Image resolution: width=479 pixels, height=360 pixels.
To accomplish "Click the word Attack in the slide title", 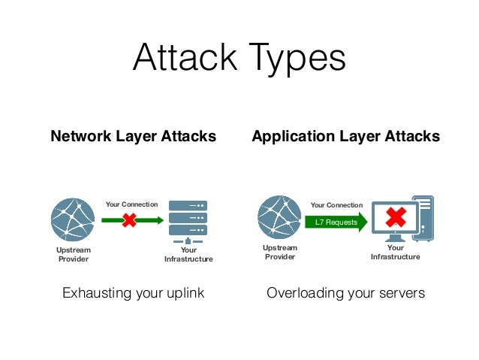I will [185, 59].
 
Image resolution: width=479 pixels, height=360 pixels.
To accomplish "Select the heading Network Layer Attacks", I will [133, 137].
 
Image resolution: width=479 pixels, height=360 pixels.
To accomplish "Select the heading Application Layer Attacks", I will [345, 137].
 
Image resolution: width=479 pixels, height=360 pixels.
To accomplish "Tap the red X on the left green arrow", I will [130, 220].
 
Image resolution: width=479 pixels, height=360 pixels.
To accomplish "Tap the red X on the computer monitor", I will [396, 218].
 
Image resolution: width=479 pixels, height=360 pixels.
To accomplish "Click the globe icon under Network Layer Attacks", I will [73, 219].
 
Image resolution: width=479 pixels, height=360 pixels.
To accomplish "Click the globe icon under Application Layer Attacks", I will [279, 217].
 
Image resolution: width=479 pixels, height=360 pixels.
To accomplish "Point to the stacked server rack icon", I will [188, 218].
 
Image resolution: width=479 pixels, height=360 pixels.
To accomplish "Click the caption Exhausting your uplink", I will [134, 292].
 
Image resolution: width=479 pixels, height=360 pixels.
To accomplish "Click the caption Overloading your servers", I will [345, 292].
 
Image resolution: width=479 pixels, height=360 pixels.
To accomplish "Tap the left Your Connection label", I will [131, 204].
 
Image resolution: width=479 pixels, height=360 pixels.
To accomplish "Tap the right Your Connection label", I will [336, 204].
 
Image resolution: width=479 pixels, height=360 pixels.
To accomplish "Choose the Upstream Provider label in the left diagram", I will [73, 255].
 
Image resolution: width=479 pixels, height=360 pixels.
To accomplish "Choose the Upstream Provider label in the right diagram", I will [279, 252].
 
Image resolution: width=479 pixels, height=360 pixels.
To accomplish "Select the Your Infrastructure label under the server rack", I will [188, 255].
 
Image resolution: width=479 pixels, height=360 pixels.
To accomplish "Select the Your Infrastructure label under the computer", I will [395, 252].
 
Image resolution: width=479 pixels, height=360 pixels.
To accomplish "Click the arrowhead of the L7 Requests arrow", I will [363, 222].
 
